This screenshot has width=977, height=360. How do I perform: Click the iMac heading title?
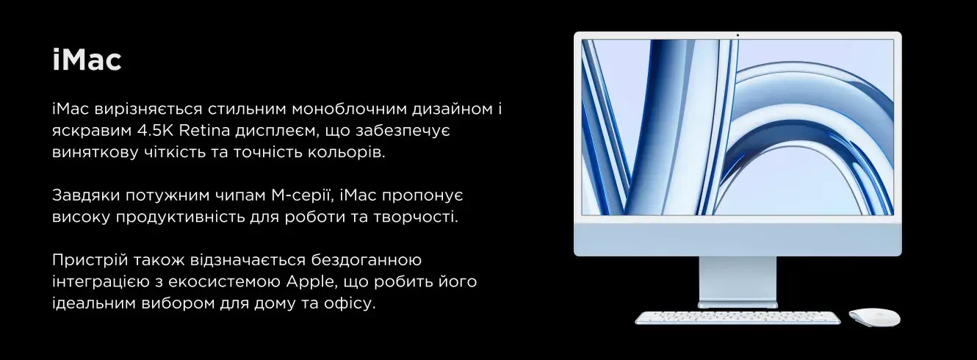pos(87,60)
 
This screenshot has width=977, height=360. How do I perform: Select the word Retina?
pos(204,130)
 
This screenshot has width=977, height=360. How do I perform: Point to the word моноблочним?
pos(350,109)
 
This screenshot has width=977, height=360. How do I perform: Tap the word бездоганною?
pos(367,260)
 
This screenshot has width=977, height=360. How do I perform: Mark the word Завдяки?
pos(86,195)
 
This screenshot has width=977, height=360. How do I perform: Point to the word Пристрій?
pos(90,260)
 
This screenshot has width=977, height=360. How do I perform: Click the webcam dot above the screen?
pos(738,35)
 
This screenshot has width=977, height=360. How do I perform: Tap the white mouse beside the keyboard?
pos(874,317)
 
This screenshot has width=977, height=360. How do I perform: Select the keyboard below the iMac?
pos(738,317)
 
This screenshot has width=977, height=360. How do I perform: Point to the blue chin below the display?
pos(738,239)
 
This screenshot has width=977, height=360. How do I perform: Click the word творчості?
pos(416,217)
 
